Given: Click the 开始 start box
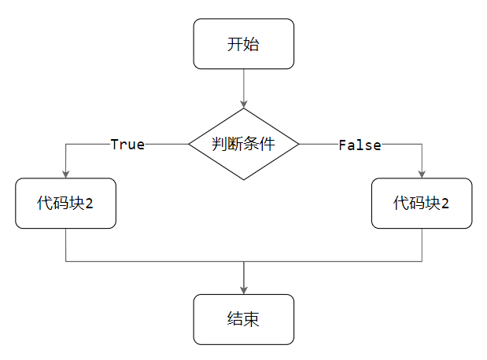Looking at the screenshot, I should pyautogui.click(x=244, y=44).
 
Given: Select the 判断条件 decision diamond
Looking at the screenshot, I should pyautogui.click(x=244, y=145).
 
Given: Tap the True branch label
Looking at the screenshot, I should pyautogui.click(x=127, y=145).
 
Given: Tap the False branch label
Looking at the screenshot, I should pyautogui.click(x=360, y=145).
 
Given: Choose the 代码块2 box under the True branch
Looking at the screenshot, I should pyautogui.click(x=65, y=204).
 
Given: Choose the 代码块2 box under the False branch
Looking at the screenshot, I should pyautogui.click(x=422, y=204).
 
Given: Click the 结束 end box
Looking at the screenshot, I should pyautogui.click(x=244, y=319).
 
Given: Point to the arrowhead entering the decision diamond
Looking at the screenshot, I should pyautogui.click(x=244, y=105).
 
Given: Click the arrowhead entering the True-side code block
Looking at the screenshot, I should pyautogui.click(x=65, y=174).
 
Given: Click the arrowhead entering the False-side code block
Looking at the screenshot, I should pyautogui.click(x=422, y=174).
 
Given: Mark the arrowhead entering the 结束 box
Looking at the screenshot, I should pyautogui.click(x=244, y=290).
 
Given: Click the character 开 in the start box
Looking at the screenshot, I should pyautogui.click(x=235, y=44).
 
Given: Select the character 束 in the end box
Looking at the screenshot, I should pyautogui.click(x=253, y=319).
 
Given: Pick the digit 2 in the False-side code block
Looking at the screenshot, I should pyautogui.click(x=445, y=204).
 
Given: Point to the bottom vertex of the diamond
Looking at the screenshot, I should pyautogui.click(x=244, y=180).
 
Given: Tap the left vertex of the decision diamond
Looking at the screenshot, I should pyautogui.click(x=189, y=145).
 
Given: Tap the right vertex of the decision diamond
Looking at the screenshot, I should pyautogui.click(x=300, y=145).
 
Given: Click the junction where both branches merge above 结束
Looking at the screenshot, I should pyautogui.click(x=244, y=261).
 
